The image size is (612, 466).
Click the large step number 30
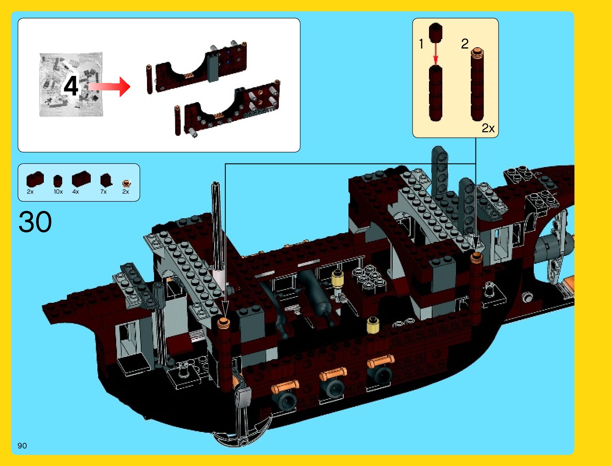[x=35, y=222]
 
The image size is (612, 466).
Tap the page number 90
[x=22, y=446]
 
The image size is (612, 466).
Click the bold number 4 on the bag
[x=71, y=86]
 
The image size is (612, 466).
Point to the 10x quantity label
[x=58, y=192]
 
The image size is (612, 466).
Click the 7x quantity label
[x=104, y=192]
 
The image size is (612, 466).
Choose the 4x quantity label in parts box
[x=75, y=192]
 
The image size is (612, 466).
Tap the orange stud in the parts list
[x=126, y=183]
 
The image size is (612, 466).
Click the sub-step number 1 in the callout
[x=421, y=44]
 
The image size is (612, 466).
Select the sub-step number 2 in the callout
[x=465, y=43]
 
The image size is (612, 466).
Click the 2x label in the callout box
[x=488, y=128]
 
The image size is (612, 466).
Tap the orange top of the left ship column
[x=224, y=322]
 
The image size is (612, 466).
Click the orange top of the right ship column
[x=476, y=257]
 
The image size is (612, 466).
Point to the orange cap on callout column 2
[x=477, y=52]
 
